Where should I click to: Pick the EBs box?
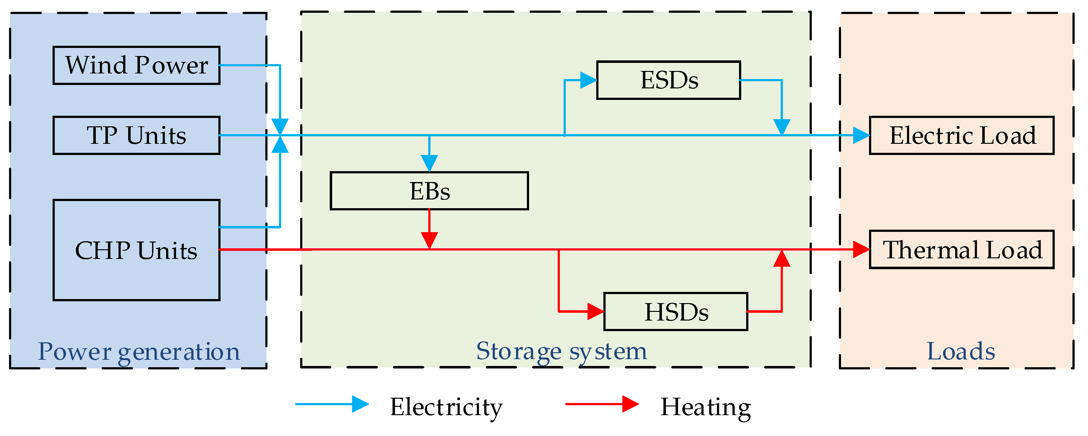click(x=429, y=191)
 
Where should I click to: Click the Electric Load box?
click(x=961, y=136)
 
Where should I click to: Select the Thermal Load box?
click(x=961, y=250)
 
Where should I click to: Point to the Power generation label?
click(x=138, y=351)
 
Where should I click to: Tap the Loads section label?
click(x=960, y=351)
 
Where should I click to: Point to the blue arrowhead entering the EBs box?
click(x=429, y=163)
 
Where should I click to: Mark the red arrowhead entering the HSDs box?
click(x=596, y=312)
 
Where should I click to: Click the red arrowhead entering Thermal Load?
click(x=861, y=250)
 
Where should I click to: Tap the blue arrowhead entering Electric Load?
click(x=861, y=136)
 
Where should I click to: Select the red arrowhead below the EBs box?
click(x=429, y=240)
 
